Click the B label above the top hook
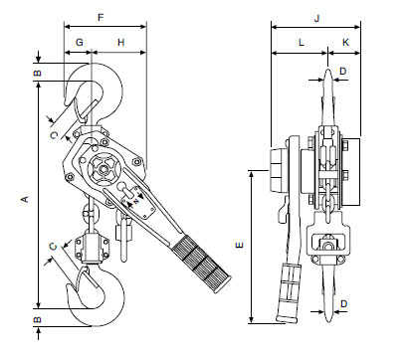point(38,74)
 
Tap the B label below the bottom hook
point(38,320)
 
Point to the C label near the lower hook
point(53,245)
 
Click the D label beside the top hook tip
point(343,72)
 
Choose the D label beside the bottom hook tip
point(343,302)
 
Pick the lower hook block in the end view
point(328,242)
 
